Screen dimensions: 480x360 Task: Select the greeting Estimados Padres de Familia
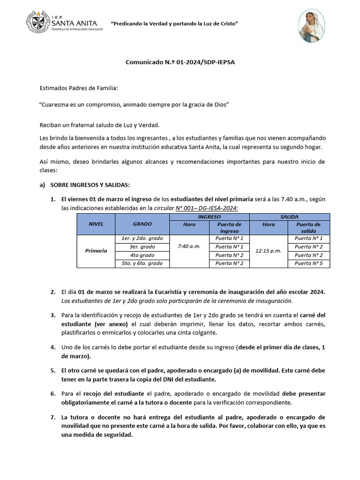(x=78, y=88)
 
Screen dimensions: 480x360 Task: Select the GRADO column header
(x=142, y=224)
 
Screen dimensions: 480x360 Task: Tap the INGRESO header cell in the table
(x=209, y=217)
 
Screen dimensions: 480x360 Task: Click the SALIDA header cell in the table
(x=289, y=217)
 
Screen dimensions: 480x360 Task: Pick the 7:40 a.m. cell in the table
(x=189, y=247)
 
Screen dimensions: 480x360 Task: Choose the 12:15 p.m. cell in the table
(x=269, y=251)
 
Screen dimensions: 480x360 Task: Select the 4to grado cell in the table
(x=142, y=255)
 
